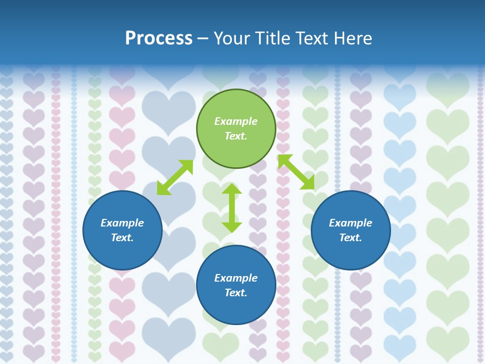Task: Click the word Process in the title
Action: pyautogui.click(x=159, y=38)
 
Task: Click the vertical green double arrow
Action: pyautogui.click(x=232, y=208)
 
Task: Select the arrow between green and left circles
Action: pyautogui.click(x=175, y=177)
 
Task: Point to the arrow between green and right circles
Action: pyautogui.click(x=296, y=172)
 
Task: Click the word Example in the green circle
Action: pyautogui.click(x=236, y=121)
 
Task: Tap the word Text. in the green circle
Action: pyautogui.click(x=236, y=136)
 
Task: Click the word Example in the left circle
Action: pyautogui.click(x=122, y=223)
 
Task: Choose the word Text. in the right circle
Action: pyautogui.click(x=351, y=238)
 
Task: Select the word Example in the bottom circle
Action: pyautogui.click(x=236, y=278)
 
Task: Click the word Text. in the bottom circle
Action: pyautogui.click(x=236, y=293)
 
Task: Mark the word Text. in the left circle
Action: pyautogui.click(x=122, y=238)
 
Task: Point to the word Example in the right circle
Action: pyautogui.click(x=351, y=223)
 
